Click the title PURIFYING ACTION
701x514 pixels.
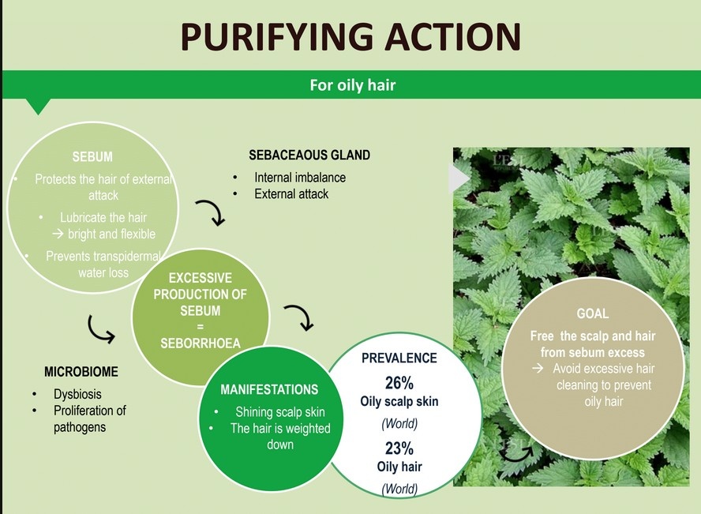(351, 36)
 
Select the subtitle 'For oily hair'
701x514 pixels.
(353, 85)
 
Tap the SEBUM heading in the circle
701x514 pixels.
(92, 157)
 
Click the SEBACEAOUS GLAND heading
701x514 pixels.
(309, 155)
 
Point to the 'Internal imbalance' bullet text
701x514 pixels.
(300, 178)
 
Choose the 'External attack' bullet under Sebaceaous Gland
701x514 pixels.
(291, 194)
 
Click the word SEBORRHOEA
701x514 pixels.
(201, 343)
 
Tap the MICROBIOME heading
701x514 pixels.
(81, 372)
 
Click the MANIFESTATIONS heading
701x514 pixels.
(269, 390)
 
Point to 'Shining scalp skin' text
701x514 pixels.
(280, 411)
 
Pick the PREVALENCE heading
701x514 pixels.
(399, 358)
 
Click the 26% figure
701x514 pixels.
(399, 383)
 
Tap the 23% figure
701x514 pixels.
(399, 448)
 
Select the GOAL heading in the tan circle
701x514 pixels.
(592, 313)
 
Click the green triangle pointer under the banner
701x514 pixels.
(39, 107)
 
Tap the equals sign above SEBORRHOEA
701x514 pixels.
(201, 327)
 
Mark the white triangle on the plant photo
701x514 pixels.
(457, 178)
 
